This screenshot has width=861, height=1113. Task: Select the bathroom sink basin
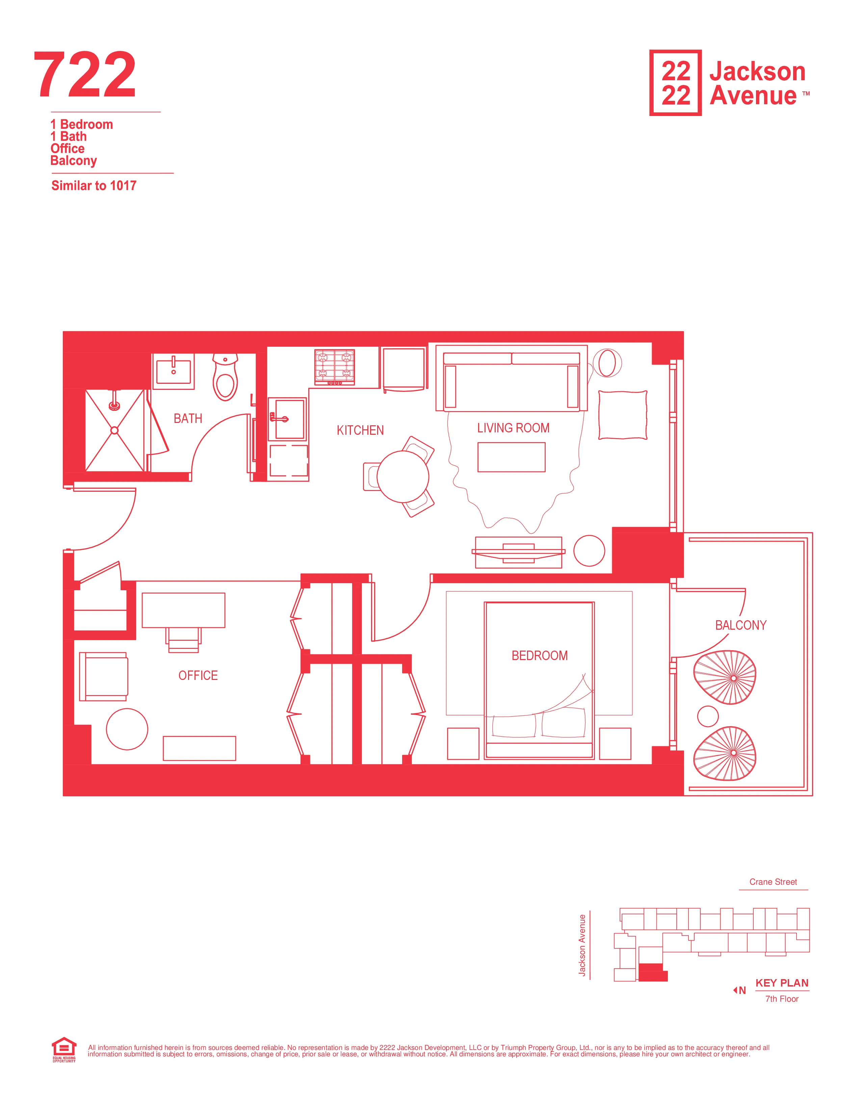click(x=174, y=371)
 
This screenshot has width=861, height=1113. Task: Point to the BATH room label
click(x=188, y=419)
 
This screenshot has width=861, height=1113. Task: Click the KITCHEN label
click(x=360, y=430)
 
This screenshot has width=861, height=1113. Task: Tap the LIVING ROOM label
click(x=513, y=428)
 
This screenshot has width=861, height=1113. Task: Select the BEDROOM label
click(x=540, y=655)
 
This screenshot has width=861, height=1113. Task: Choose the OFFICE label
click(x=198, y=675)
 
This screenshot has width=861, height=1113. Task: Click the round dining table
click(x=403, y=477)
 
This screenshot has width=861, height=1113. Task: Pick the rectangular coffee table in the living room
click(x=511, y=457)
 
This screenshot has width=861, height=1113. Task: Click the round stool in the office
click(x=127, y=729)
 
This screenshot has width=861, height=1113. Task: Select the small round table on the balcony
click(x=707, y=716)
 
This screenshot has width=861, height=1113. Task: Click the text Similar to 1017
click(x=94, y=185)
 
